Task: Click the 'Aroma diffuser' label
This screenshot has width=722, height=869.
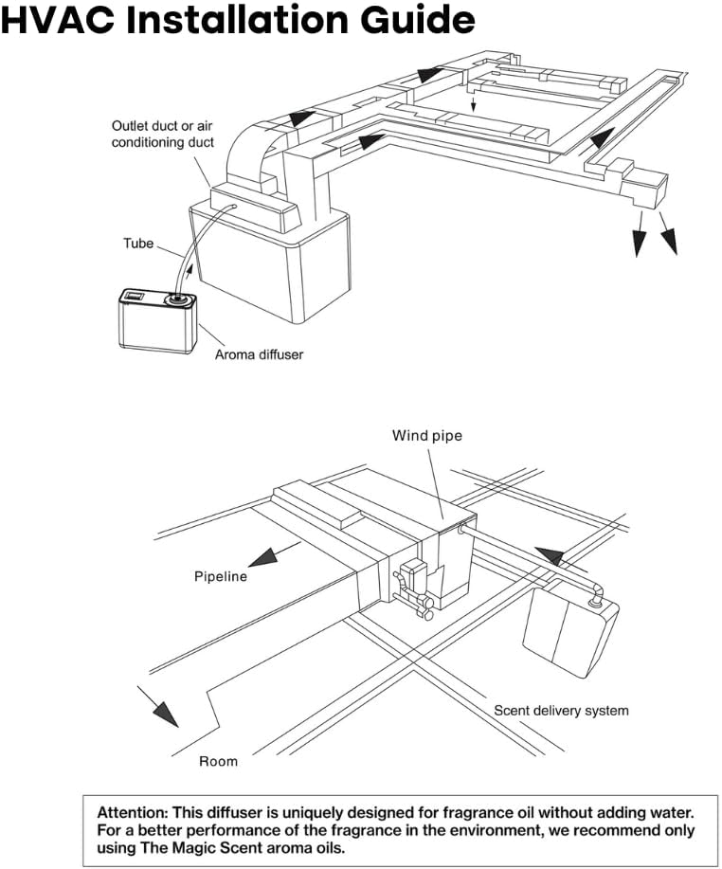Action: click(259, 355)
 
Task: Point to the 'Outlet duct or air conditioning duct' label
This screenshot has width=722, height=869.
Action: click(163, 134)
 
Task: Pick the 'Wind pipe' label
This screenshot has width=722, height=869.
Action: click(426, 436)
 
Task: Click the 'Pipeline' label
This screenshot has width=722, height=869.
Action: click(221, 576)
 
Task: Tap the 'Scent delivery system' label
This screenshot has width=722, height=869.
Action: click(561, 710)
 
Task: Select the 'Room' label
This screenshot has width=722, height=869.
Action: click(218, 761)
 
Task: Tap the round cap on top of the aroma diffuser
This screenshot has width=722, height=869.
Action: click(174, 299)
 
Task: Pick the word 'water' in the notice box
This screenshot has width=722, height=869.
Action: click(671, 812)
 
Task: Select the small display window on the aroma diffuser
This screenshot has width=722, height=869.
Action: click(134, 298)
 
